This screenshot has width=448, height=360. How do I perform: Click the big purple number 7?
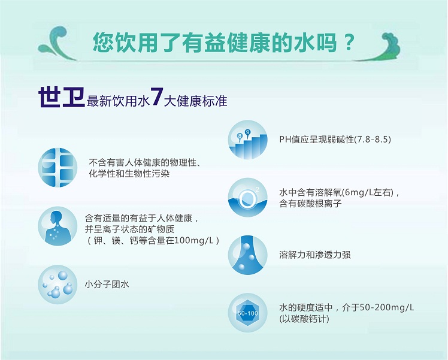click(156, 96)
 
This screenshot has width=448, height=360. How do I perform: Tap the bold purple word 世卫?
click(62, 98)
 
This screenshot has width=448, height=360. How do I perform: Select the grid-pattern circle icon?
click(57, 168)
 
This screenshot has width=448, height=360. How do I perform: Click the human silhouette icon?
click(57, 226)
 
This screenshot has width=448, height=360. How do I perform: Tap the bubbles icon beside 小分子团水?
click(57, 285)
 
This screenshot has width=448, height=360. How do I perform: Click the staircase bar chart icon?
click(248, 140)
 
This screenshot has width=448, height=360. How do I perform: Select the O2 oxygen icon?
click(248, 198)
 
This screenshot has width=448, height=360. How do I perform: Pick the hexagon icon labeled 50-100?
click(248, 313)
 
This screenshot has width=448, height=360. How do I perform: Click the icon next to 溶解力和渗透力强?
click(248, 255)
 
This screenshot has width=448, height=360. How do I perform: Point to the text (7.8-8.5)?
click(373, 140)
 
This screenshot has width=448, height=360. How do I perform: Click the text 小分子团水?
click(107, 285)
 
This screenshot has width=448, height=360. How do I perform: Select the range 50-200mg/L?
click(387, 308)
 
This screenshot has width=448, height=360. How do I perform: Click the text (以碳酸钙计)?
click(304, 319)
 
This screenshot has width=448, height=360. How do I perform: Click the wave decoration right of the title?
click(377, 47)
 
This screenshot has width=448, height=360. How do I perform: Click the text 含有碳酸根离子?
click(310, 204)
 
